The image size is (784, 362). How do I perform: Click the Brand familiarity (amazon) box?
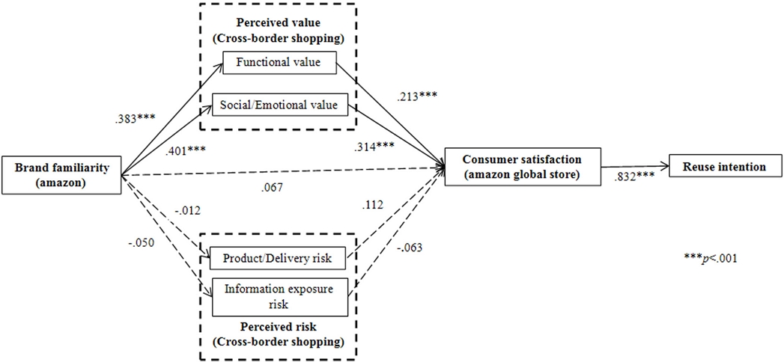[x=62, y=175]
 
